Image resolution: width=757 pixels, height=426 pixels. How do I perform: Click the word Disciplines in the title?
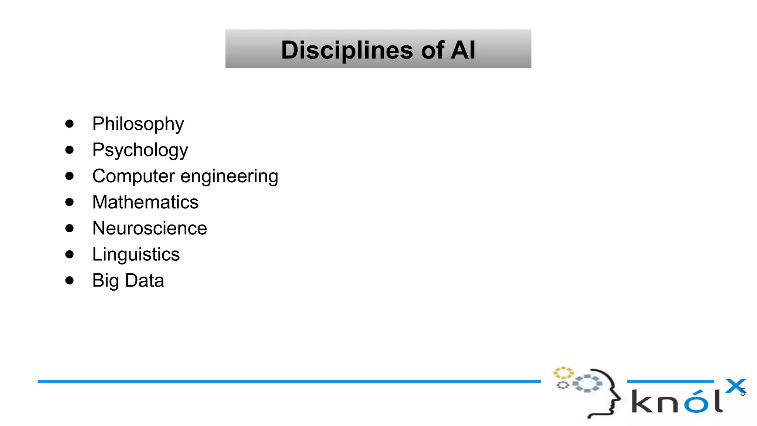pos(347,50)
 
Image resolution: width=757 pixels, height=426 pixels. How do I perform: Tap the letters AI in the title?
pos(462,50)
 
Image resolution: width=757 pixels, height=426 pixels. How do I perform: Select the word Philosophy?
pos(138,124)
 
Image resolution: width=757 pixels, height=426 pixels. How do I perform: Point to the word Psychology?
pos(140,150)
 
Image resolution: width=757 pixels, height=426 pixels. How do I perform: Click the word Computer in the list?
pos(133,176)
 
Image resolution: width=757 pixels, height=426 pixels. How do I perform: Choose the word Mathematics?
pos(145,202)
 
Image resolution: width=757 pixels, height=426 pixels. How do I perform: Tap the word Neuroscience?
pos(150,228)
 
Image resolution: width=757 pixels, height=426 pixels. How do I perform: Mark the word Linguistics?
pos(136,254)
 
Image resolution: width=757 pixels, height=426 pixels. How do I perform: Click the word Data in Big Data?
pos(145,280)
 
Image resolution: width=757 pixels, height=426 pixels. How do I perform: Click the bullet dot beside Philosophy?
pos(69,124)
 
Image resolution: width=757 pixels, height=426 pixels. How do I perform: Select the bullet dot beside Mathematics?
pos(69,202)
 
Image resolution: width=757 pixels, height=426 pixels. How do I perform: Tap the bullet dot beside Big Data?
pos(69,280)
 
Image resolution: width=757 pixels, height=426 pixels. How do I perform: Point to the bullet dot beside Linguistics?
pos(69,254)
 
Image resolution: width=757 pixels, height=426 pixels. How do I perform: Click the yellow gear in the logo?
pos(563,372)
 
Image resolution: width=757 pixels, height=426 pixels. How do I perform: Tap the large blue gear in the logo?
pos(587,383)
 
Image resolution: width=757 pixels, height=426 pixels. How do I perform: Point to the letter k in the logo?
pos(642,402)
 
